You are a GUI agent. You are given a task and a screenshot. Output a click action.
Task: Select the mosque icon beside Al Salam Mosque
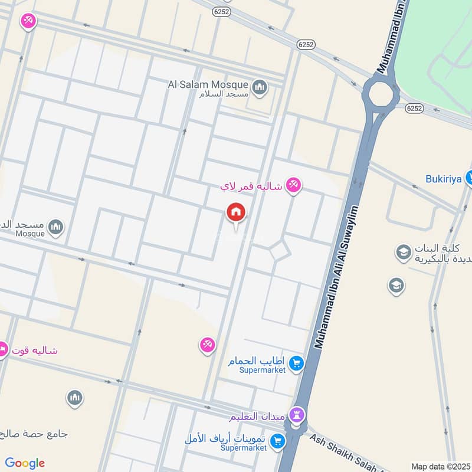point(259,88)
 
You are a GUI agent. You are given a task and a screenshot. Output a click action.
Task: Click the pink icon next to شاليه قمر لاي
point(293,186)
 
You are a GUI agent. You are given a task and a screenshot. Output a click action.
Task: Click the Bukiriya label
point(443,178)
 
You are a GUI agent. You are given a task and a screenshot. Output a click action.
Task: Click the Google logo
point(25,463)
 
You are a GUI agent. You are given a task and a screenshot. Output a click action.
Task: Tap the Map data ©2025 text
point(440,466)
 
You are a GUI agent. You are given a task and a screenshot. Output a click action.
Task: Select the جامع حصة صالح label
point(32,434)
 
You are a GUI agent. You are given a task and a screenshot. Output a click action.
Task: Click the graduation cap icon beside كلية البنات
point(404,253)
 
